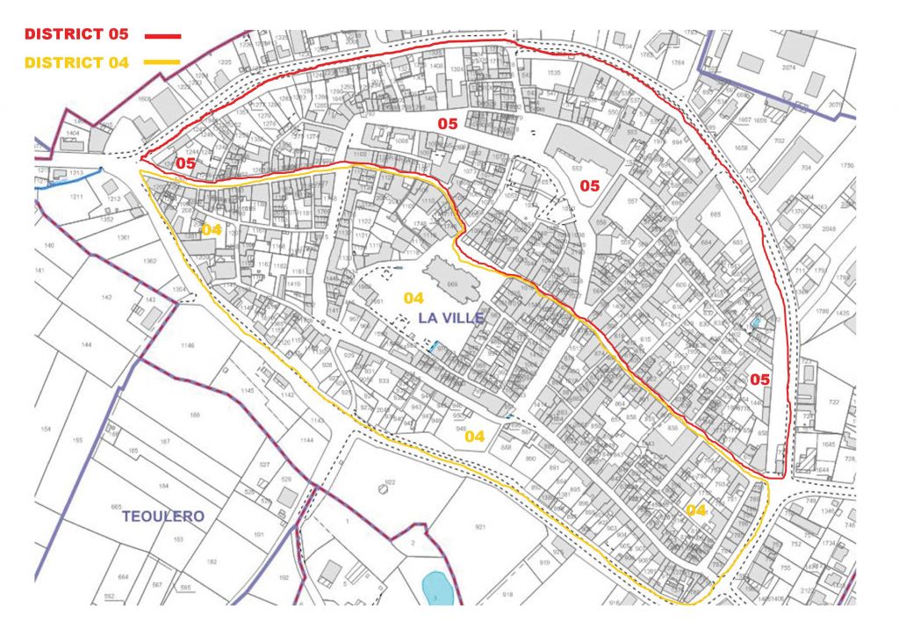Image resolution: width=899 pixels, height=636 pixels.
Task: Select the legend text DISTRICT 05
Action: pyautogui.click(x=76, y=35)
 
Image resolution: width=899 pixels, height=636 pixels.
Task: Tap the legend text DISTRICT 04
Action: pyautogui.click(x=76, y=62)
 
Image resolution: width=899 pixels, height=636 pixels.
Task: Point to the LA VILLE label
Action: pyautogui.click(x=450, y=318)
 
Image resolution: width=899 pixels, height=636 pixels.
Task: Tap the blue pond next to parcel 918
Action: pyautogui.click(x=435, y=588)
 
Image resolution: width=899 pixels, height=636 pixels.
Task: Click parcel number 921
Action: pyautogui.click(x=480, y=527)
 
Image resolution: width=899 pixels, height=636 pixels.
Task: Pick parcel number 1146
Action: pyautogui.click(x=187, y=346)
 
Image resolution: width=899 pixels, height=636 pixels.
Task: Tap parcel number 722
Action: pyautogui.click(x=833, y=402)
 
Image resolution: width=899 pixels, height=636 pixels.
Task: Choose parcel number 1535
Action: pyautogui.click(x=553, y=73)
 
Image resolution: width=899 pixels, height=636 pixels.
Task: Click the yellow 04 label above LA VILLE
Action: pyautogui.click(x=414, y=298)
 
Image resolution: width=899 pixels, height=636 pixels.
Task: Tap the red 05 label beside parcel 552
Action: pyautogui.click(x=589, y=186)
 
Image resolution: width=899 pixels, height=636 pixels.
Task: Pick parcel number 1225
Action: pyautogui.click(x=223, y=62)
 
